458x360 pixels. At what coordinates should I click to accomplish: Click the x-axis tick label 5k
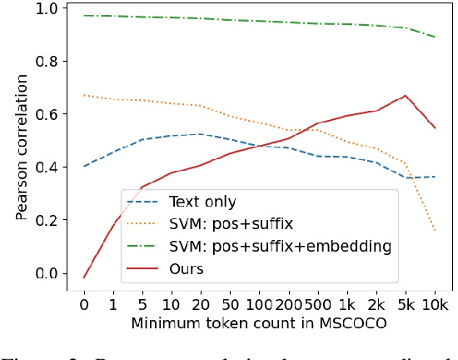(406, 305)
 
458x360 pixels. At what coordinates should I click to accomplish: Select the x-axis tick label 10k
(434, 305)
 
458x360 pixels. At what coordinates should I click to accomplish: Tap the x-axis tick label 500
(317, 305)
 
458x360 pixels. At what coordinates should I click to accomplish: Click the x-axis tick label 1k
(347, 305)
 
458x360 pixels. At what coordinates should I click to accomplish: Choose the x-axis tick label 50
(230, 305)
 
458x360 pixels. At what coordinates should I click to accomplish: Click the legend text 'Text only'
(202, 202)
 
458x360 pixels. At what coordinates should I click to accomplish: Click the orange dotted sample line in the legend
(142, 224)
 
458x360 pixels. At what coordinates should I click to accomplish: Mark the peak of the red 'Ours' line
(406, 96)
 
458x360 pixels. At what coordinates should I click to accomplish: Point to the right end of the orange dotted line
(435, 231)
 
